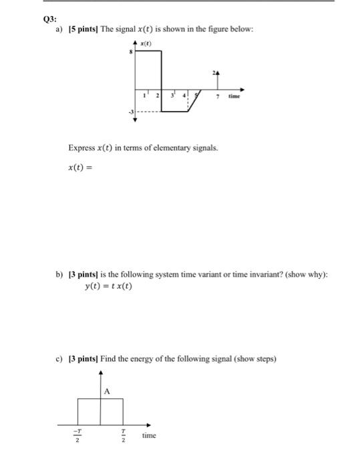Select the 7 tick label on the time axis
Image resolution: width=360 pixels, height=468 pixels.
click(218, 97)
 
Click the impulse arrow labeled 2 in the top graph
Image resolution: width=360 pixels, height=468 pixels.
click(217, 79)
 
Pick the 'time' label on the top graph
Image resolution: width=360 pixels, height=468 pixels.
click(234, 97)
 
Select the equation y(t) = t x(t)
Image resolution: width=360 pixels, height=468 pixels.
click(109, 287)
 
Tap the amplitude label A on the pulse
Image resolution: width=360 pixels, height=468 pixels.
click(106, 391)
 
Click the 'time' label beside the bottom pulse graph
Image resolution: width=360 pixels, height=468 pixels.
click(149, 435)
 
